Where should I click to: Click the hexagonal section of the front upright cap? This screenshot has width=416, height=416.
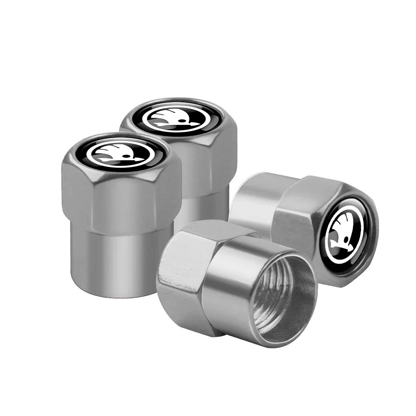121,200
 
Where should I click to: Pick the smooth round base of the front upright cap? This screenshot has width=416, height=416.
121,258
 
